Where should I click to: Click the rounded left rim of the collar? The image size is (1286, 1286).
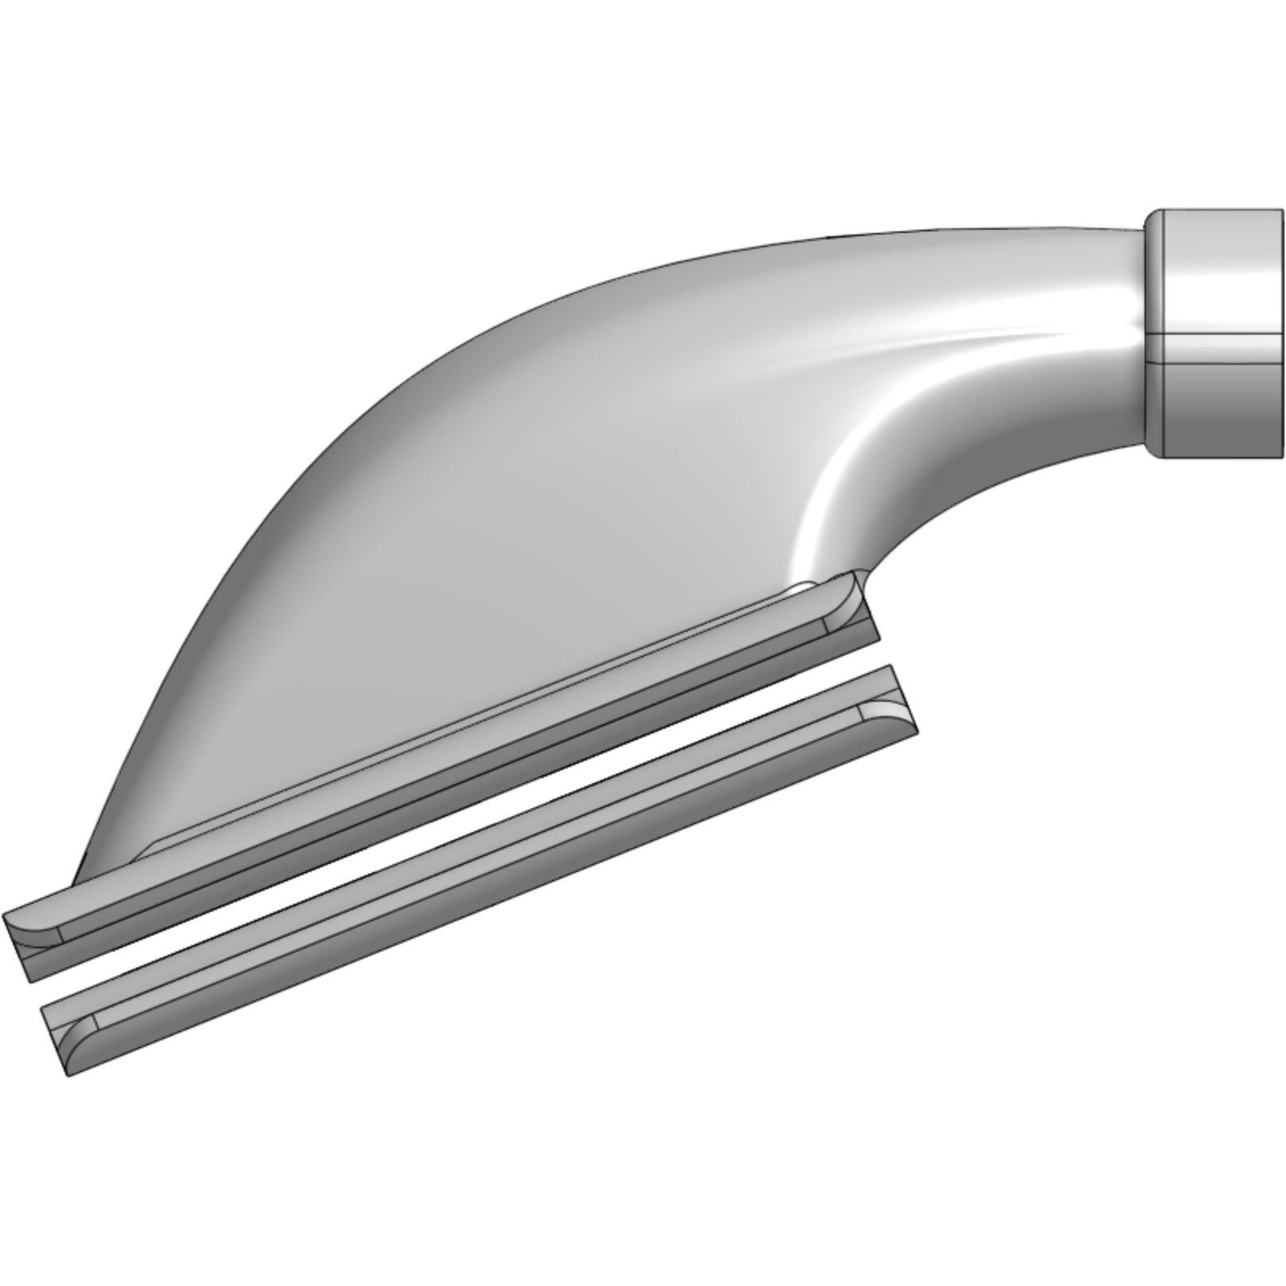[x=1153, y=334]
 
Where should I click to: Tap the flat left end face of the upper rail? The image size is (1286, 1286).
[x=20, y=946]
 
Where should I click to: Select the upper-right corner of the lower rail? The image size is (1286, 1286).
[x=890, y=666]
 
